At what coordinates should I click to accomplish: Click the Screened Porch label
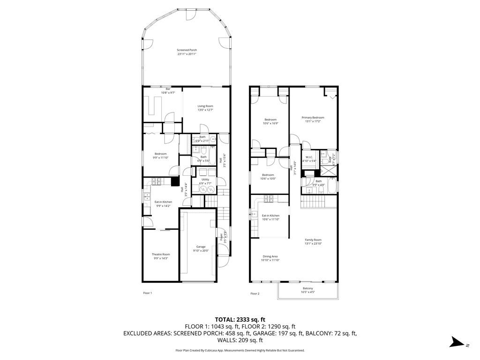click(x=187, y=50)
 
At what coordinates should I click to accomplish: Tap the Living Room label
click(x=205, y=106)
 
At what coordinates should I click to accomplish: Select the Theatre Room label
click(x=160, y=254)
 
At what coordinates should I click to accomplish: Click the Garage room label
click(x=201, y=247)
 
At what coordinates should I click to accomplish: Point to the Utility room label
click(x=205, y=179)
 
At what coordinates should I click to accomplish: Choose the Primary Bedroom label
click(x=313, y=118)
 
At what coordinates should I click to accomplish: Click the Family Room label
click(x=313, y=240)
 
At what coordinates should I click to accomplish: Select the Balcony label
click(x=307, y=288)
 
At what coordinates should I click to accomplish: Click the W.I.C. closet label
click(x=309, y=157)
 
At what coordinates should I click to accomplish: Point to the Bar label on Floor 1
click(x=168, y=89)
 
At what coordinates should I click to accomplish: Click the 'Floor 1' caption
click(x=147, y=293)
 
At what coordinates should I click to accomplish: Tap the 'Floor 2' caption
click(x=255, y=293)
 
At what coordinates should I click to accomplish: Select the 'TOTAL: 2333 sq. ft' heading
click(x=240, y=319)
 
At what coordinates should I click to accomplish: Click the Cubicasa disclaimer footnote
click(x=240, y=350)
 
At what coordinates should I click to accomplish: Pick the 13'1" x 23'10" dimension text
click(x=313, y=244)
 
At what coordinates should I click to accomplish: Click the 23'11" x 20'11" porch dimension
click(x=187, y=54)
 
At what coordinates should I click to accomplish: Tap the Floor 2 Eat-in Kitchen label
click(x=270, y=216)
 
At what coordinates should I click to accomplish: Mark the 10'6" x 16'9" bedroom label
click(x=270, y=123)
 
